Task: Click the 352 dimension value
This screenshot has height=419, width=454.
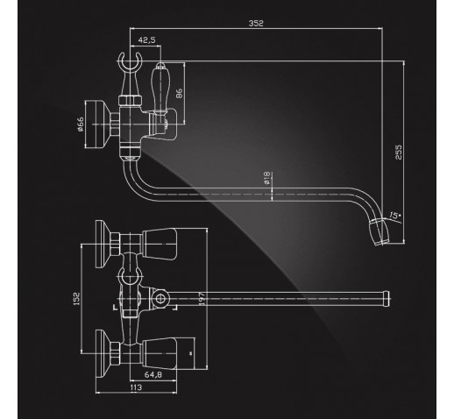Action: (x=256, y=24)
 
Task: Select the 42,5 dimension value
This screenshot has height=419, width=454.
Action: (x=146, y=40)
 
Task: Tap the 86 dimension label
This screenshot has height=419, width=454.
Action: (x=179, y=93)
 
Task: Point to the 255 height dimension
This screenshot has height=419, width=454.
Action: (x=399, y=152)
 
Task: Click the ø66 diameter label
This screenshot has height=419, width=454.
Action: (x=81, y=124)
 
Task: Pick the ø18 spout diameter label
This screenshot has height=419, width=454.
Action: (x=266, y=178)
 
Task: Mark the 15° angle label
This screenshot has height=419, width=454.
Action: (x=394, y=216)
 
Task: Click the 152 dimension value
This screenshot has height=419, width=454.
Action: (x=76, y=299)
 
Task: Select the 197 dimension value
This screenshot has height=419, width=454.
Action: (x=202, y=299)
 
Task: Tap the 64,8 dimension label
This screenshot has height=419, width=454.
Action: (x=153, y=374)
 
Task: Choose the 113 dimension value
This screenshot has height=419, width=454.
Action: (x=136, y=387)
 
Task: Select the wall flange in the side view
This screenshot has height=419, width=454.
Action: (x=97, y=124)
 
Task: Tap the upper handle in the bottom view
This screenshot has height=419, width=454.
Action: (x=160, y=244)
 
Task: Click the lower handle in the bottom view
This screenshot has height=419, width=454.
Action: (x=160, y=354)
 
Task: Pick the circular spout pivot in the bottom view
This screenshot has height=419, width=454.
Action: (x=160, y=299)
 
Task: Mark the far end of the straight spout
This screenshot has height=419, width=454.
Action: (x=387, y=298)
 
